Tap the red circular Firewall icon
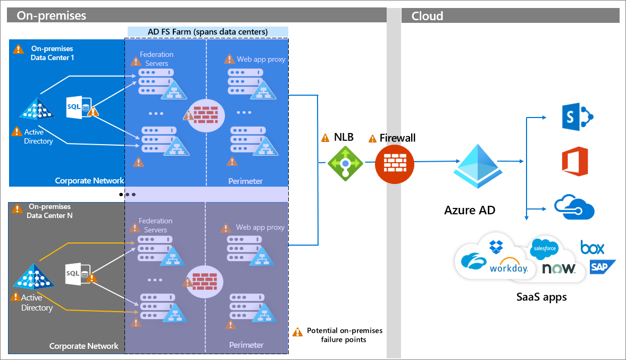(x=395, y=162)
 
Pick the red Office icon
(x=574, y=162)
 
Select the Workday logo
(x=508, y=267)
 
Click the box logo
(x=592, y=247)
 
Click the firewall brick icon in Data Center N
(x=204, y=280)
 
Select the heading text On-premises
(x=52, y=15)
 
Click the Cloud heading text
(x=427, y=15)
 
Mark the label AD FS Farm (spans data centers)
(x=207, y=32)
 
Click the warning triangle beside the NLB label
(x=325, y=138)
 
